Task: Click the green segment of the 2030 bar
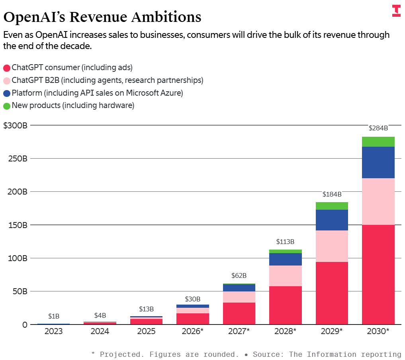coord(378,142)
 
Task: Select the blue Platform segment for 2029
coord(332,220)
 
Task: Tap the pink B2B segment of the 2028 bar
coord(285,275)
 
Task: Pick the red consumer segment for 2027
coord(239,313)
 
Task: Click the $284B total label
coord(378,128)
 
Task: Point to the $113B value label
coord(285,242)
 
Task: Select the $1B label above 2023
coord(54,316)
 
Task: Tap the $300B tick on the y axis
coord(15,125)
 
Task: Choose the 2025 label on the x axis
coord(146,331)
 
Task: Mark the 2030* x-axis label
coord(378,331)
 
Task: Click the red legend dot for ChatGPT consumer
coord(7,68)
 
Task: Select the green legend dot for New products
coord(7,106)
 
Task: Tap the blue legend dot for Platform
coord(7,93)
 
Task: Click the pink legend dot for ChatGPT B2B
coord(7,81)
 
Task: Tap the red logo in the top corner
coord(396,11)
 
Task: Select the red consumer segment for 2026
coord(193,319)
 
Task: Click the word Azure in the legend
coord(174,93)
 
